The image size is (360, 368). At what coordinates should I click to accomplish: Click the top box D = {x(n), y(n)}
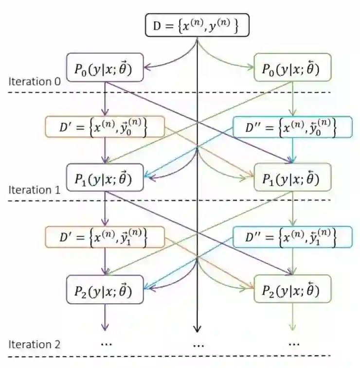(x=197, y=26)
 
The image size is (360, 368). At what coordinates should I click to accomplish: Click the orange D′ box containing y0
(x=103, y=127)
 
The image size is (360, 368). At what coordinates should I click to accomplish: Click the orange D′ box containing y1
(x=103, y=237)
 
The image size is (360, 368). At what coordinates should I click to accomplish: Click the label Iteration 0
(x=34, y=81)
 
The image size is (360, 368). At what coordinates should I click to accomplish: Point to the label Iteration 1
(x=34, y=190)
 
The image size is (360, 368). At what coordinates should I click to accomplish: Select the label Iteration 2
(x=34, y=344)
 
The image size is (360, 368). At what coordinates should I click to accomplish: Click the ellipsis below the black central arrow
(x=198, y=345)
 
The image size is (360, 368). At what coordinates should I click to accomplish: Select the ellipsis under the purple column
(x=106, y=343)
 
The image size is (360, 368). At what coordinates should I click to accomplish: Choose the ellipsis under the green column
(x=293, y=343)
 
